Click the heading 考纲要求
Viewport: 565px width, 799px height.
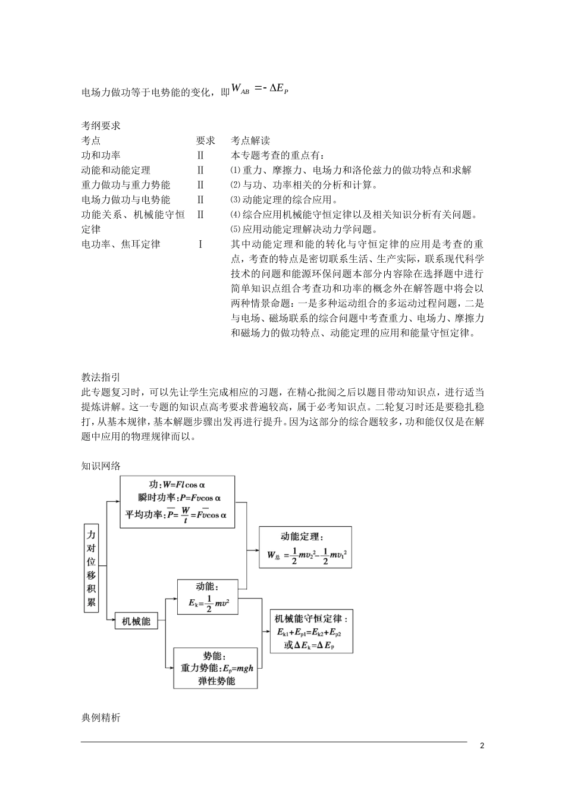(101, 125)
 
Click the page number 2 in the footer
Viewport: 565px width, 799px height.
(482, 747)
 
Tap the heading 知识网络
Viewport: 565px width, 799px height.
(101, 466)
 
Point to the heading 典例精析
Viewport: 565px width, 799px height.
(101, 718)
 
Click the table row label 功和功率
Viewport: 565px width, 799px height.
(101, 155)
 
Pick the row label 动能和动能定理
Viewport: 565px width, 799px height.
(115, 170)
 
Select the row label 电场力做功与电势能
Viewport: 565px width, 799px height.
(125, 200)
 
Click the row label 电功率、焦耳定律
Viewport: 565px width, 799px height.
(121, 244)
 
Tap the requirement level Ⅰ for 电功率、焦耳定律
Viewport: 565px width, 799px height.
(200, 244)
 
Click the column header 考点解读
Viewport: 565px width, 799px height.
(250, 141)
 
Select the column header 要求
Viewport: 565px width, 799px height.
(205, 141)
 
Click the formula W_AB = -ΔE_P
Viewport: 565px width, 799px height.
(260, 90)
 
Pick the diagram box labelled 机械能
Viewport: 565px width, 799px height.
(136, 621)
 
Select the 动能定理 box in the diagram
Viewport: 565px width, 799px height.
(305, 547)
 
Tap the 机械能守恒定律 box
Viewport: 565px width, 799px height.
(312, 631)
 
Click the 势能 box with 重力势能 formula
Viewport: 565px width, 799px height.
(215, 668)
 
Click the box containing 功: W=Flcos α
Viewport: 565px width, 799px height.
(177, 501)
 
